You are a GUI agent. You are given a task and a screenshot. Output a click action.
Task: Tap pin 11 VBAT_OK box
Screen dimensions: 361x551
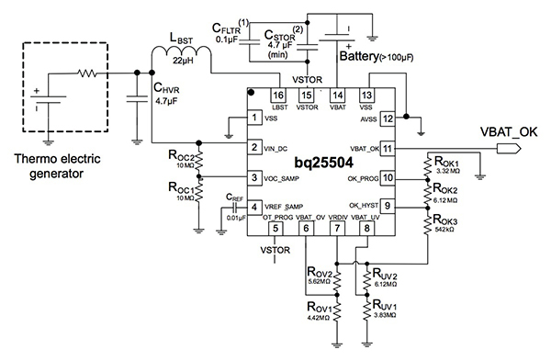pos(388,148)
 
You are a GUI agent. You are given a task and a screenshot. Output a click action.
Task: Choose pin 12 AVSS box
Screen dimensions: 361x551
pos(388,118)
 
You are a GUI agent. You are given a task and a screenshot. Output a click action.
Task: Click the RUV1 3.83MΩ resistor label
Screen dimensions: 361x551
pos(383,310)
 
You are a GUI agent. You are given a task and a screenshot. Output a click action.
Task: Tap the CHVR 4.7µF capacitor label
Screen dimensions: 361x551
pos(172,96)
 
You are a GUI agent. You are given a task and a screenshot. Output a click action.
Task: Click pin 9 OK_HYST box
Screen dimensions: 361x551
pos(388,207)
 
